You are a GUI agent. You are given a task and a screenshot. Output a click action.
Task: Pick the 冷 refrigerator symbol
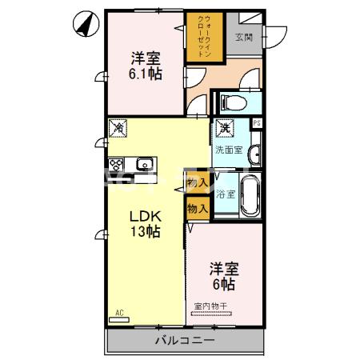click(118, 127)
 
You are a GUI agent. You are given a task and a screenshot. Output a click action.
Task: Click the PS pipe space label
click(257, 123)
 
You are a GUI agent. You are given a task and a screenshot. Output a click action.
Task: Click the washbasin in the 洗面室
click(255, 154)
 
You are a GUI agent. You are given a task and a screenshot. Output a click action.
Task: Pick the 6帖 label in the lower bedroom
click(223, 283)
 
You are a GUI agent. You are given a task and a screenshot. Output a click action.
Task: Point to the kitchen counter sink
click(144, 166)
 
